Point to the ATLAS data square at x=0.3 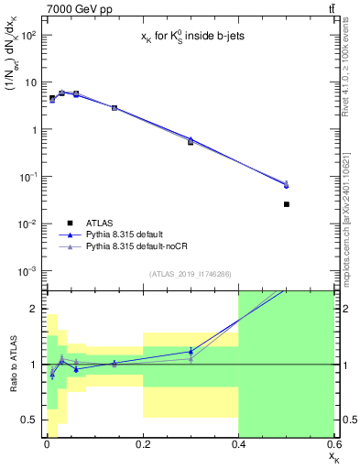pos(191,142)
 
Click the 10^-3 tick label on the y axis pos(27,271)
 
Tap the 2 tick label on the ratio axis pos(34,309)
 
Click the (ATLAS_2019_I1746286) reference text pos(190,274)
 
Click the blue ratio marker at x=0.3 pos(191,351)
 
